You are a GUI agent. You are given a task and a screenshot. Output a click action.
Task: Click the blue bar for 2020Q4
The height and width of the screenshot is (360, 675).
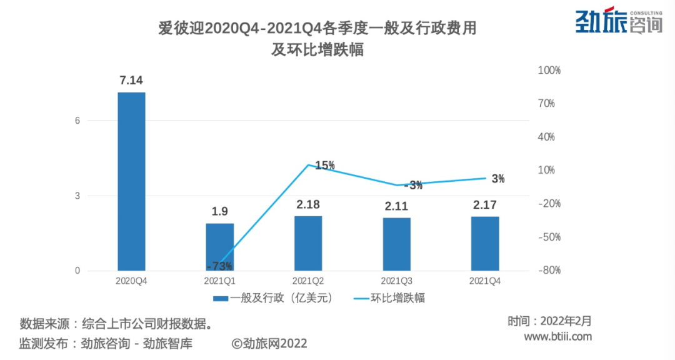tap(131, 181)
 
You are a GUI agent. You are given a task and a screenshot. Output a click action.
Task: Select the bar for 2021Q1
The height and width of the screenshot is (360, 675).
tap(220, 247)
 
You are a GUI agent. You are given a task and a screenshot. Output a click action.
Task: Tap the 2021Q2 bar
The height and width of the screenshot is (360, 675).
tap(308, 243)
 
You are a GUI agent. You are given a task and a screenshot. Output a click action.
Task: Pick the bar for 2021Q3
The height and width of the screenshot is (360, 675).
tap(397, 244)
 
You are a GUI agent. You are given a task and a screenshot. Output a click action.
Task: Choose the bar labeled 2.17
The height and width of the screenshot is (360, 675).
tap(485, 244)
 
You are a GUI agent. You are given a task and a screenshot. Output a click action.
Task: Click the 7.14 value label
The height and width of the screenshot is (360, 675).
tap(131, 80)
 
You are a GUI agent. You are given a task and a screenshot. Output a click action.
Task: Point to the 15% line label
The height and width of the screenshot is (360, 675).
tap(325, 166)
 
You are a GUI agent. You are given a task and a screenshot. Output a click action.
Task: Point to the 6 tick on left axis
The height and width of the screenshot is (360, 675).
tap(78, 121)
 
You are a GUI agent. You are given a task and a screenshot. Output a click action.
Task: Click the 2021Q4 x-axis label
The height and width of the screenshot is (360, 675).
tap(485, 281)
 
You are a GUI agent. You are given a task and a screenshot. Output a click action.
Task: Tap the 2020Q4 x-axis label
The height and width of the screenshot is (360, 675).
tap(131, 281)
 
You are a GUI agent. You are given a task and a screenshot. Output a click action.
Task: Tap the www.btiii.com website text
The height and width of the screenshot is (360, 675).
tap(557, 337)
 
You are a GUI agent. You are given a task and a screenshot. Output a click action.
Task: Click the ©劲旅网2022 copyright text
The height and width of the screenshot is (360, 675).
tap(269, 343)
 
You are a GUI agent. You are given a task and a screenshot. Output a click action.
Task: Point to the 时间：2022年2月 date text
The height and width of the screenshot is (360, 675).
tap(549, 321)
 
